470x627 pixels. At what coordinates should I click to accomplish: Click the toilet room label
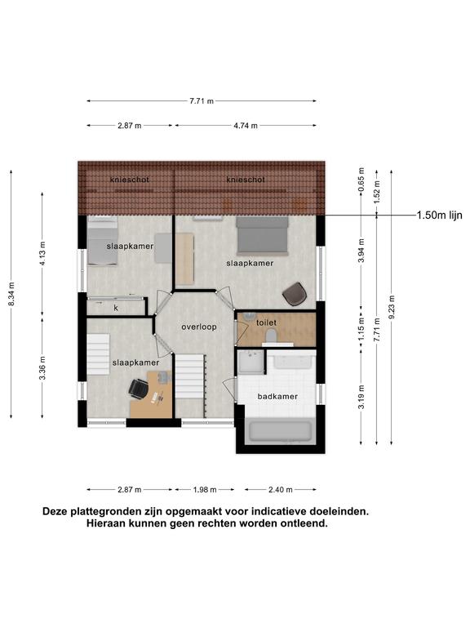click(x=266, y=322)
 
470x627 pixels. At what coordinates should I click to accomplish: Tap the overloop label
click(x=199, y=327)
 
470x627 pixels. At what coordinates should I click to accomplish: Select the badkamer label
click(x=277, y=397)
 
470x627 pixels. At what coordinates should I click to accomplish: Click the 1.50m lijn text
click(x=440, y=216)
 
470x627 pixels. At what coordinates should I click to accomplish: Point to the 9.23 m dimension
click(x=392, y=308)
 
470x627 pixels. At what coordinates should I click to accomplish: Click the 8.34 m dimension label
click(x=11, y=294)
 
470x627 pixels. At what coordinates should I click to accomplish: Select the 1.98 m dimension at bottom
click(x=205, y=490)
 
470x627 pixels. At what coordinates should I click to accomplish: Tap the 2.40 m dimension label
click(x=281, y=490)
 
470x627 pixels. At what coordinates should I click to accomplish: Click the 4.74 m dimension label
click(x=246, y=126)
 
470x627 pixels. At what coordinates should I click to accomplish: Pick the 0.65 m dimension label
click(x=361, y=180)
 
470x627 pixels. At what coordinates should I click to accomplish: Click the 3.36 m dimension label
click(x=42, y=368)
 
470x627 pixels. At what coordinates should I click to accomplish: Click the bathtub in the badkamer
click(x=280, y=431)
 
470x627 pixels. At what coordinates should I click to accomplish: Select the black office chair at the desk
click(x=138, y=389)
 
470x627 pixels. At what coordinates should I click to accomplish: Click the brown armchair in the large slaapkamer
click(x=295, y=294)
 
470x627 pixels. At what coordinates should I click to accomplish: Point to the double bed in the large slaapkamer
click(x=262, y=235)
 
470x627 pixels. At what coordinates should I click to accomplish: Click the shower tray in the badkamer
click(x=251, y=362)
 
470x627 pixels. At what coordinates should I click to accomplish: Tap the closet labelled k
click(x=117, y=307)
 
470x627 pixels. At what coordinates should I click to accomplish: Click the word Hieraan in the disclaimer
click(x=107, y=523)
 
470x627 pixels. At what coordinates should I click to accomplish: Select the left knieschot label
click(x=130, y=180)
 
